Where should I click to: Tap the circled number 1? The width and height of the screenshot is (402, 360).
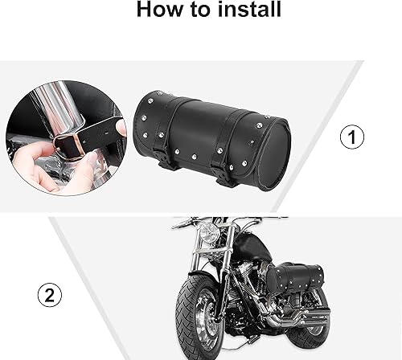click(347, 137)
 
